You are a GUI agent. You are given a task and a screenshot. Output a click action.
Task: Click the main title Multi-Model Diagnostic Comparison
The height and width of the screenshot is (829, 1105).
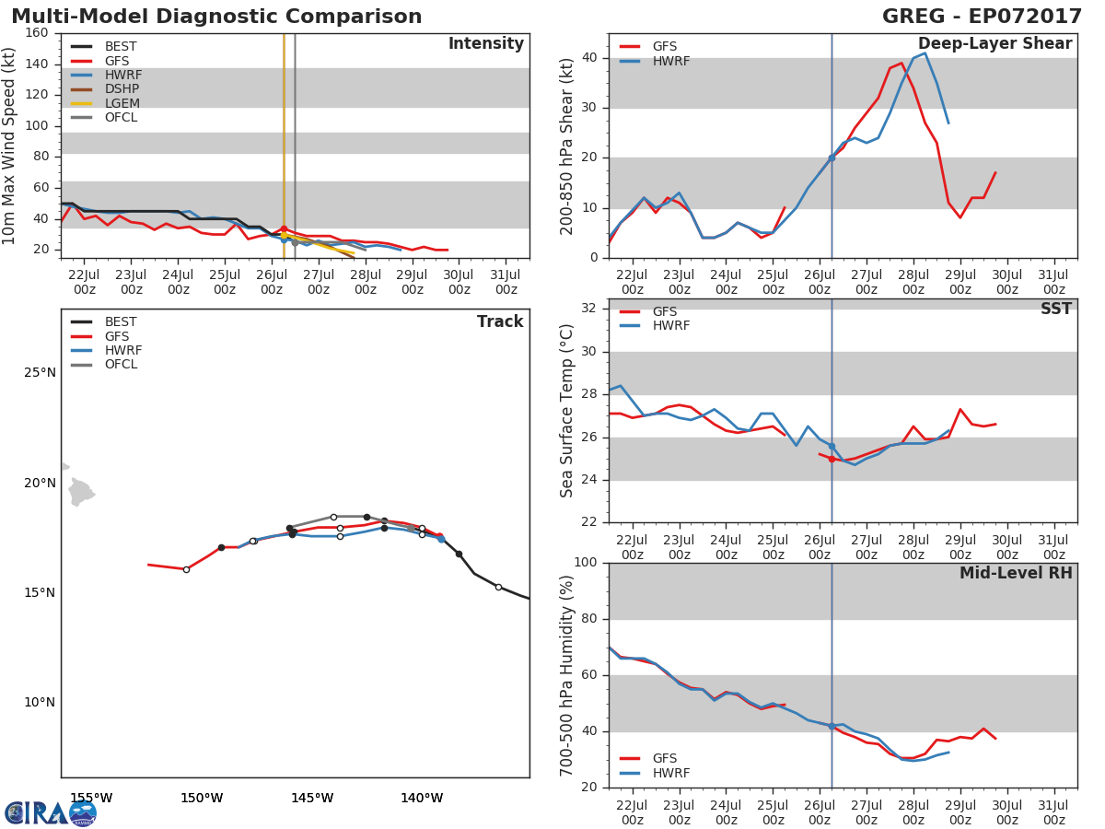pyautogui.click(x=216, y=17)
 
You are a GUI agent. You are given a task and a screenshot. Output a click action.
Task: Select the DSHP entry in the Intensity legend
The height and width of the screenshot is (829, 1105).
pyautogui.click(x=122, y=89)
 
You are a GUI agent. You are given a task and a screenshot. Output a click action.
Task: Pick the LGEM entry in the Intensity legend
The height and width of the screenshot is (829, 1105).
pyautogui.click(x=122, y=103)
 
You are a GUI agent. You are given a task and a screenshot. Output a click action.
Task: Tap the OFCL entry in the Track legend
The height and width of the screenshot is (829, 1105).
pyautogui.click(x=121, y=365)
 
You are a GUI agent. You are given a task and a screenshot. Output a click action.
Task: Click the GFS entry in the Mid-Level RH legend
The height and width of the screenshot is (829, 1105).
pyautogui.click(x=665, y=759)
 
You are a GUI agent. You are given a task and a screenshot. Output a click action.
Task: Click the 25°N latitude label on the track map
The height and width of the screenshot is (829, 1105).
pyautogui.click(x=40, y=373)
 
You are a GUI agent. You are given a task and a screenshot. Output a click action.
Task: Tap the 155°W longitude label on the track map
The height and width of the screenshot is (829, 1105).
pyautogui.click(x=91, y=798)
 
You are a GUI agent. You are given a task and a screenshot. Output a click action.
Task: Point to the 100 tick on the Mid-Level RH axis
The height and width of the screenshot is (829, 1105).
pyautogui.click(x=584, y=563)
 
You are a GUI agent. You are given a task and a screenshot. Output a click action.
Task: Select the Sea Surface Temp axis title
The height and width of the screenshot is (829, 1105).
pyautogui.click(x=567, y=411)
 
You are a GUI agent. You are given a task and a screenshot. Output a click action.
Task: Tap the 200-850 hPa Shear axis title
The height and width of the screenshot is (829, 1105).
pyautogui.click(x=567, y=146)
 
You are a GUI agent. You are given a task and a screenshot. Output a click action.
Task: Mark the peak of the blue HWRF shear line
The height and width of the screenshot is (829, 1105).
pyautogui.click(x=925, y=53)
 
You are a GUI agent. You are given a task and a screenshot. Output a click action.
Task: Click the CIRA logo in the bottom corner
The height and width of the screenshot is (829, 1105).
pyautogui.click(x=51, y=812)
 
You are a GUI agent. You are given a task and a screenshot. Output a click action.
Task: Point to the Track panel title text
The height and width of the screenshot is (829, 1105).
pyautogui.click(x=499, y=321)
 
